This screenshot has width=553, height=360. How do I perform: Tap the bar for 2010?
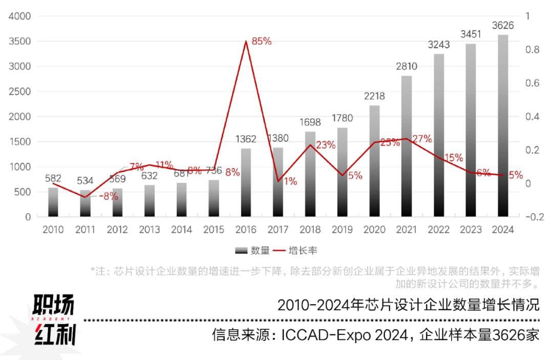point(53,202)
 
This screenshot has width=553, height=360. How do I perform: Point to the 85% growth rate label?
point(261,41)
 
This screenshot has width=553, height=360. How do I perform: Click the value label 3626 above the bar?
point(503,26)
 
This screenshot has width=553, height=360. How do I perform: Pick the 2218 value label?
point(374,96)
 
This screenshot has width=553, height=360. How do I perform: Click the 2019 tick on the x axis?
point(342,229)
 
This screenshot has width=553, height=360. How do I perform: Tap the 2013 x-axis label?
point(150,229)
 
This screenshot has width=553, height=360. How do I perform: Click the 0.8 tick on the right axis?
point(533,50)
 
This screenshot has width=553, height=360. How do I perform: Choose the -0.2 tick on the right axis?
point(534,217)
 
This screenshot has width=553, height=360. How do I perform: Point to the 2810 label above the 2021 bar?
point(406,67)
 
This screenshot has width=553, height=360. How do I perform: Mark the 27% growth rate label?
point(422,139)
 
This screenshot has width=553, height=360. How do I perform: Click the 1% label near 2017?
point(290,181)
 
